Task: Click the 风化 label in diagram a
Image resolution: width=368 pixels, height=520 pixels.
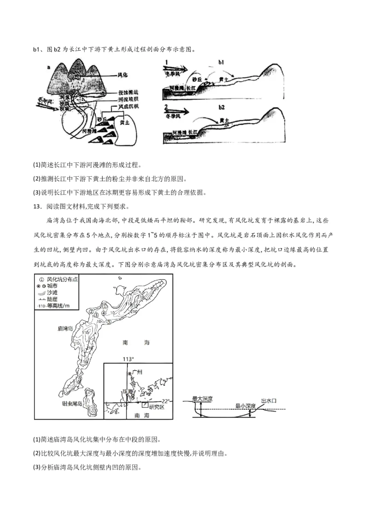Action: point(123,74)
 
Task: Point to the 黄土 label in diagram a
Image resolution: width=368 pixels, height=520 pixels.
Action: point(124,123)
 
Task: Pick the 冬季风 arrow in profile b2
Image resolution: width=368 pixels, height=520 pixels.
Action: point(176,112)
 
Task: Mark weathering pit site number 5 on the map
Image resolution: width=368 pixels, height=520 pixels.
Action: point(109,322)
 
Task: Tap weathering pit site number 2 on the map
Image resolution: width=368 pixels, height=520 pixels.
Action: point(92,311)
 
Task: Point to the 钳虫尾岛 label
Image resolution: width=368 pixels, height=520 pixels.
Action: point(72,404)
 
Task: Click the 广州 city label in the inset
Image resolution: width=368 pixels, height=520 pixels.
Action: point(138,372)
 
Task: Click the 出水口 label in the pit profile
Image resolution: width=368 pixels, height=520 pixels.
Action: point(269,401)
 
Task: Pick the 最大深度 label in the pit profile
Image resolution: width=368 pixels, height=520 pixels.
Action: point(202,398)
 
